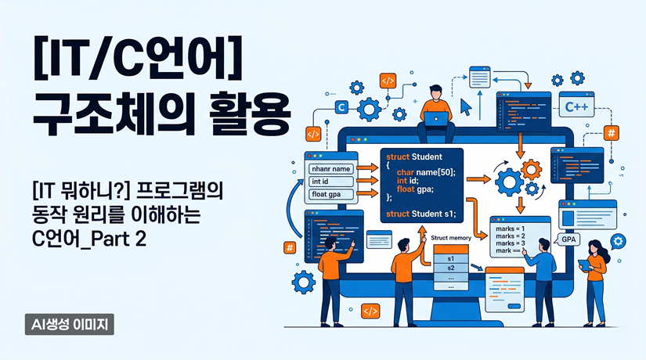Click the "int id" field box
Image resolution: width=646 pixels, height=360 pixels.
330,182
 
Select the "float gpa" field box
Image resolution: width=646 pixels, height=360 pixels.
330,196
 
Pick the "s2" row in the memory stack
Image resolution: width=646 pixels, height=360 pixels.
450,268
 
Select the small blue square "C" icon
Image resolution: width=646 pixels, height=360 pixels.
341,108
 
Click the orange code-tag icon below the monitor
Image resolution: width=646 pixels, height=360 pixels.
371,311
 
